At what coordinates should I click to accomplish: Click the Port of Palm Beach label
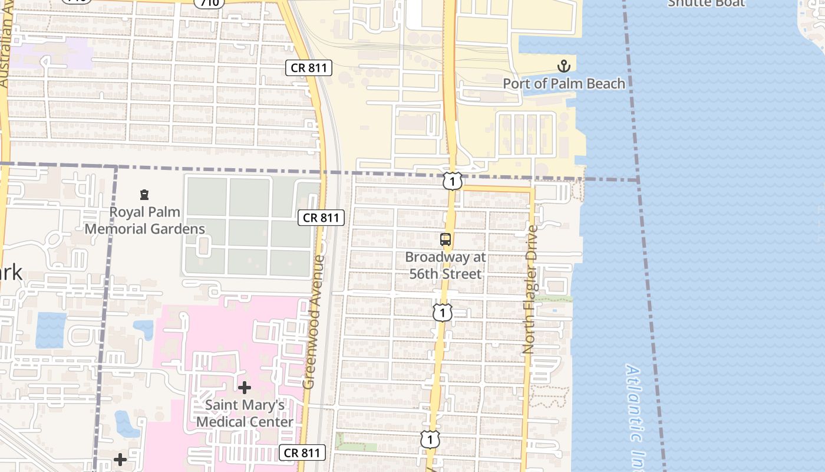pos(563,83)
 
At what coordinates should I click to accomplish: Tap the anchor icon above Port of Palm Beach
pos(564,65)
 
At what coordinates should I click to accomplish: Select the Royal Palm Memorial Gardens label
pos(145,220)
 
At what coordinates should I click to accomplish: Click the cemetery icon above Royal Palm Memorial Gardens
pos(144,195)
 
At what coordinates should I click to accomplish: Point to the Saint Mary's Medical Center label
pos(245,414)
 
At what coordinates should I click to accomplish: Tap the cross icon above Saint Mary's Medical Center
pos(245,388)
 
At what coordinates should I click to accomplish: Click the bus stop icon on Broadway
pos(445,240)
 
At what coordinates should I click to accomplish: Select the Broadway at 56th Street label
pos(445,265)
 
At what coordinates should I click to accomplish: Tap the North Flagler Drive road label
pos(531,289)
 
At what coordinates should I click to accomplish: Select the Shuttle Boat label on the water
pos(706,4)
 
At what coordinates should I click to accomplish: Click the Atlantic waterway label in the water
pos(633,407)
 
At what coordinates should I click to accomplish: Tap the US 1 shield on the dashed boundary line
pos(452,181)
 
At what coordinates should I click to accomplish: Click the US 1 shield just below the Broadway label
pos(442,312)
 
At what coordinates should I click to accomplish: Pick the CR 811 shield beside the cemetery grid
pos(321,218)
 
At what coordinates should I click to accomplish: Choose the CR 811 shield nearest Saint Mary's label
pos(302,453)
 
